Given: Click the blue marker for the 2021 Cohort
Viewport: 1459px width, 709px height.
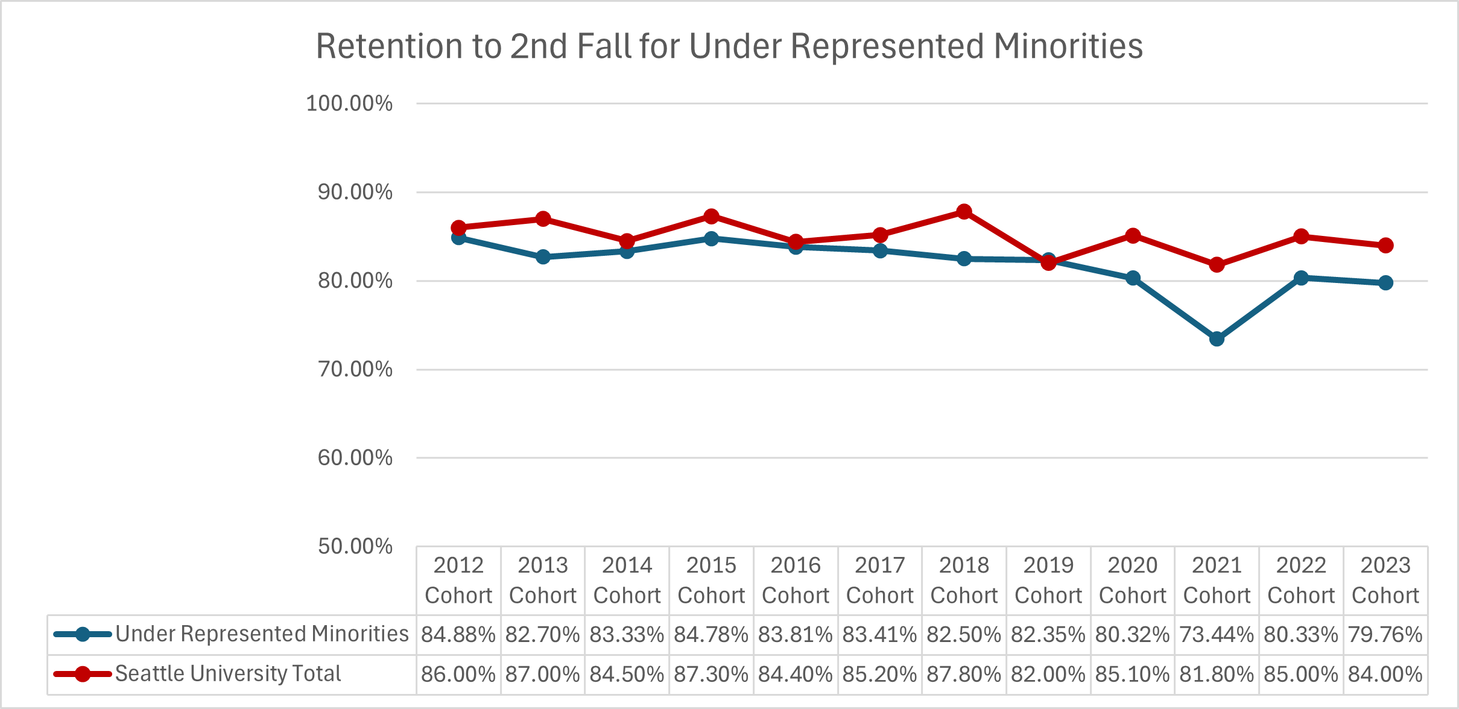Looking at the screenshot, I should (x=1217, y=339).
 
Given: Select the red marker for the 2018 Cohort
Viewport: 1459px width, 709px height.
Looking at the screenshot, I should (x=964, y=212).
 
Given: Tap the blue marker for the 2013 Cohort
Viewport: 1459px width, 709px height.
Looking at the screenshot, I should (x=543, y=256).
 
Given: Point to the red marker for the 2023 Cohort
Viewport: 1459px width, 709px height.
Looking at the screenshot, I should (x=1385, y=245).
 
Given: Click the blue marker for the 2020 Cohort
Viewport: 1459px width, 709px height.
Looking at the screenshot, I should (x=1133, y=278).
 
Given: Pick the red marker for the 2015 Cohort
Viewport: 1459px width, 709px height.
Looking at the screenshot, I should (x=711, y=216).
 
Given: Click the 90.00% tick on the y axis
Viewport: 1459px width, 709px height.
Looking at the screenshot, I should (x=355, y=192).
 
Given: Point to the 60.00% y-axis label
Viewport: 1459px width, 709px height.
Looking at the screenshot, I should (x=355, y=457).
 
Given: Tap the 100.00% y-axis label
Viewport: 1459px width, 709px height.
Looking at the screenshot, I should (x=349, y=103).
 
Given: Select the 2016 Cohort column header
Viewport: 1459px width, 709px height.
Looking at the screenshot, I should (x=796, y=580).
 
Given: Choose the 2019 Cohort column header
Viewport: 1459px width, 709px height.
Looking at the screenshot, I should (x=1048, y=580).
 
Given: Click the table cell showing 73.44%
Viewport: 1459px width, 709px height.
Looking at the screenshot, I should (x=1217, y=635).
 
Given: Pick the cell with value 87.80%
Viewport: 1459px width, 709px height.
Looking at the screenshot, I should (x=964, y=674).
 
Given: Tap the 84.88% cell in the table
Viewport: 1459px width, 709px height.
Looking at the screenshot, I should (x=458, y=635).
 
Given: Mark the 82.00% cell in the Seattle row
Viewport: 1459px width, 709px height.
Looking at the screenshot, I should (x=1048, y=674).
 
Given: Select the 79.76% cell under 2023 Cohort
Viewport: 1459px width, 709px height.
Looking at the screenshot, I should (x=1385, y=635).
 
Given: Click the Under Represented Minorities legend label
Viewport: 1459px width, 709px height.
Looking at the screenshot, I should (x=262, y=634).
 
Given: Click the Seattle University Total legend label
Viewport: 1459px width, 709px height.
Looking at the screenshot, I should (x=228, y=673).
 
